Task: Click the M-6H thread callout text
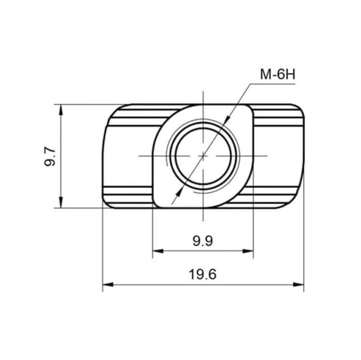(277, 74)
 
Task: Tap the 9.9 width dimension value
(203, 241)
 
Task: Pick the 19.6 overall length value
(203, 275)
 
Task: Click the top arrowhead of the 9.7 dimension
(61, 109)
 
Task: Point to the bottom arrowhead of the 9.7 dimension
(61, 202)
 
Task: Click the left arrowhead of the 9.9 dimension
(158, 251)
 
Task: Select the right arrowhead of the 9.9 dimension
(248, 251)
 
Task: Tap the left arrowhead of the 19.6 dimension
(108, 285)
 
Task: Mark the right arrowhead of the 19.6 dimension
(298, 285)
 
